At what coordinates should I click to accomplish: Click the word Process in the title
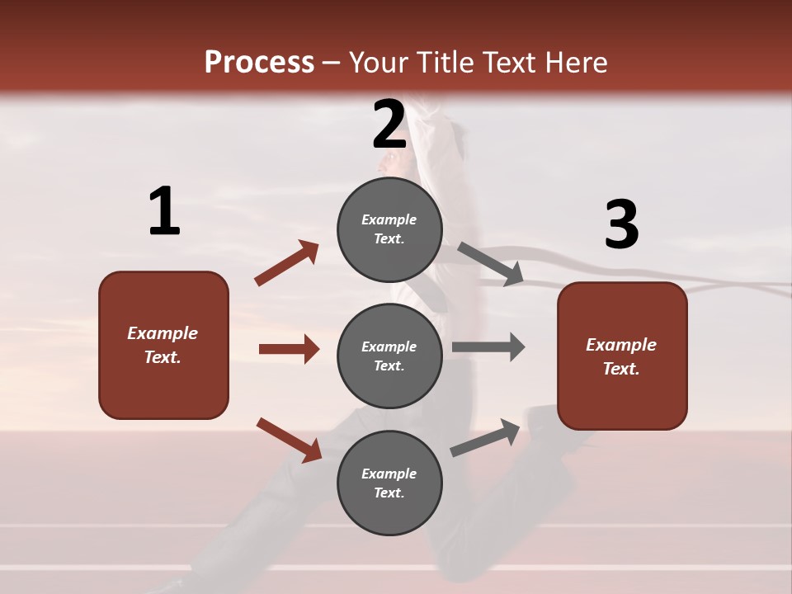(x=259, y=63)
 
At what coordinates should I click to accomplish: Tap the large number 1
(x=164, y=212)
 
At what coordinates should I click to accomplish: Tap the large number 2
(x=389, y=125)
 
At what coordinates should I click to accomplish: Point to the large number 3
(x=621, y=224)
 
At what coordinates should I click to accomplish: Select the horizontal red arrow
(x=289, y=349)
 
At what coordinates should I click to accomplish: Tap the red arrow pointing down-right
(x=290, y=440)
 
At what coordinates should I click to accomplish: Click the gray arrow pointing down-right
(x=490, y=264)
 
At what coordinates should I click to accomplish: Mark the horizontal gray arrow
(x=488, y=346)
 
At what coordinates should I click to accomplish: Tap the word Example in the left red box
(x=163, y=333)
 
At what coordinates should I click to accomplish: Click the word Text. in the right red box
(x=621, y=369)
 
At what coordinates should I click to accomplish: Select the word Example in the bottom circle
(x=389, y=474)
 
